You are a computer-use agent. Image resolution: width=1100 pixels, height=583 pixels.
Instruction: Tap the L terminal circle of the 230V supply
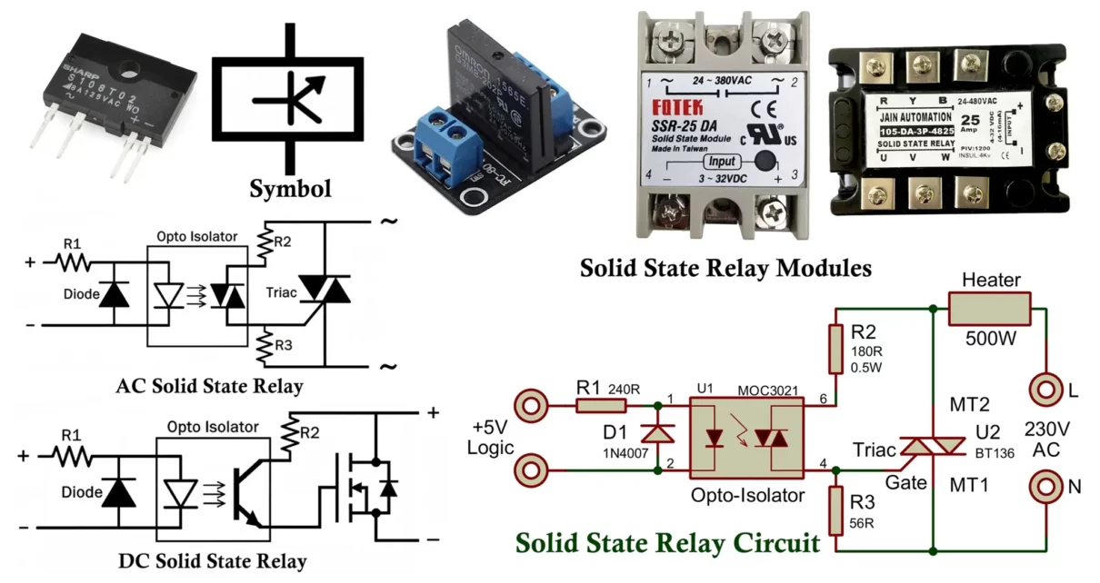pos(1046,390)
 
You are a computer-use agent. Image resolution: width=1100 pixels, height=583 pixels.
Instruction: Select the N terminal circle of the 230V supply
pos(1046,486)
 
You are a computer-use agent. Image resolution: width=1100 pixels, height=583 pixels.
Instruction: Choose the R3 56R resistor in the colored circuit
pos(835,512)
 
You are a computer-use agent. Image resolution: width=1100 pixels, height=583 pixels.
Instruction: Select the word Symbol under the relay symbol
pos(291,189)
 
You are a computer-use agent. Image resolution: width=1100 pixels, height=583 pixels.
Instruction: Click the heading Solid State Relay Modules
pos(725,269)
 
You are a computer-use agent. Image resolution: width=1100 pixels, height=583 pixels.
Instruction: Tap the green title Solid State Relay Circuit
pos(668,543)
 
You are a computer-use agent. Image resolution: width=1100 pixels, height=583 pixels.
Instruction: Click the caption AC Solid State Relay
pos(209,386)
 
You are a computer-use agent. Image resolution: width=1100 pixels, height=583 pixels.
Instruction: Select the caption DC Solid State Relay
pos(212,560)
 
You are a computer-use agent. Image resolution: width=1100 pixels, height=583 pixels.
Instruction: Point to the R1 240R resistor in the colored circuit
pos(601,406)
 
